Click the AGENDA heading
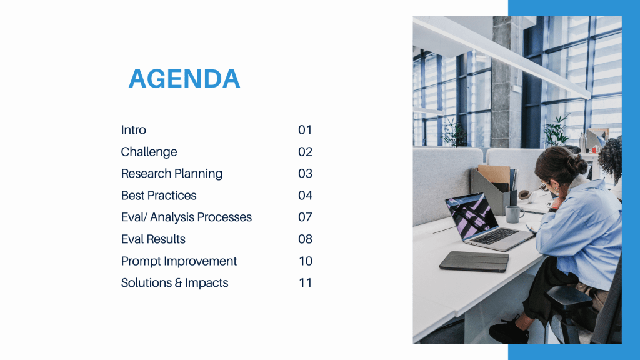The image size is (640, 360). click(184, 78)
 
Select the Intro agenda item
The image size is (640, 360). click(134, 130)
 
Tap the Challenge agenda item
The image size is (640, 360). click(149, 152)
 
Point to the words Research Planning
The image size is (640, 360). click(172, 174)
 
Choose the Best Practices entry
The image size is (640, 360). click(159, 196)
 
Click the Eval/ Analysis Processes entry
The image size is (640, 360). click(186, 217)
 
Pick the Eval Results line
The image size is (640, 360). click(153, 239)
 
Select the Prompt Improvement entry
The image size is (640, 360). click(179, 261)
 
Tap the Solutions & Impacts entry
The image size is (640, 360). click(175, 283)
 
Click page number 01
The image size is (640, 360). click(305, 130)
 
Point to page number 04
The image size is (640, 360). click(305, 196)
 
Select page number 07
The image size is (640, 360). click(305, 217)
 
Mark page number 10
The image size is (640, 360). click(306, 261)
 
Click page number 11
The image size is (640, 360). click(306, 283)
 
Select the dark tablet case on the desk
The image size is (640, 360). click(474, 261)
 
